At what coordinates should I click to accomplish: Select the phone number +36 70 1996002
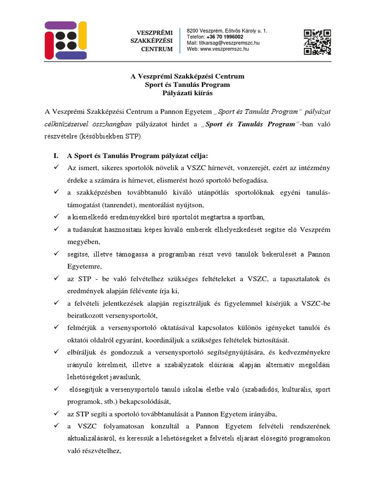pyautogui.click(x=225, y=37)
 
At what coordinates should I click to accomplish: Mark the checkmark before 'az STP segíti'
pyautogui.click(x=57, y=414)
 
